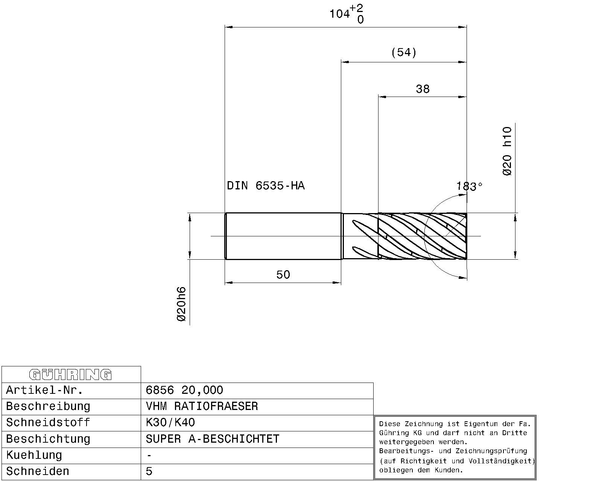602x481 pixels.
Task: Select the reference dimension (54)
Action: coord(404,52)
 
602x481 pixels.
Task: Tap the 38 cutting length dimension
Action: coord(423,89)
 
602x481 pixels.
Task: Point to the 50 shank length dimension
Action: coord(283,275)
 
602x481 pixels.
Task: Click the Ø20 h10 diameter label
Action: coord(507,151)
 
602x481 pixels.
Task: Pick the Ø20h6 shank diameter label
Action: coord(181,304)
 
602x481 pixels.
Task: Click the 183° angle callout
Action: coord(470,186)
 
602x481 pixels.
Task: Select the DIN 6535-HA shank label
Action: coord(266,186)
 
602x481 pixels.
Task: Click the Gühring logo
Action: coord(70,375)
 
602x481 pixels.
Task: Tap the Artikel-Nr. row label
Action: coord(44,390)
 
